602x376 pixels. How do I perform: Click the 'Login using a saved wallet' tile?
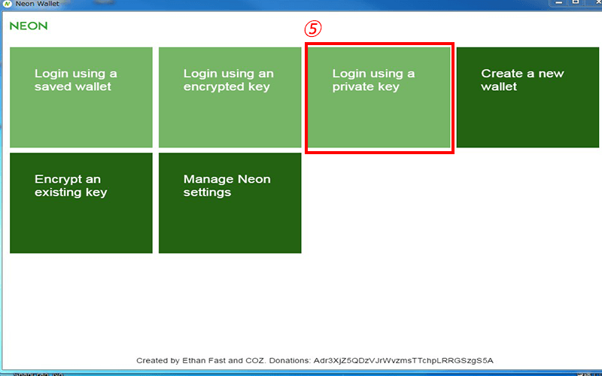tap(81, 97)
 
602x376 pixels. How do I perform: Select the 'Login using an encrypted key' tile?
tap(230, 97)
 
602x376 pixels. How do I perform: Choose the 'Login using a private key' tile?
tap(379, 97)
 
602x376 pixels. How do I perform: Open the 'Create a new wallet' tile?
tap(528, 97)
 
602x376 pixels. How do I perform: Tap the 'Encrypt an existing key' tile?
tap(81, 203)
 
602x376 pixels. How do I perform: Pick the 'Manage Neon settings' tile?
tap(230, 203)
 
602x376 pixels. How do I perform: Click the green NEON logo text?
tap(29, 26)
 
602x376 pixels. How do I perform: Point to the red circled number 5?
tap(313, 29)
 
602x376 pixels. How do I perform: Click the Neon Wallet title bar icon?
tap(8, 4)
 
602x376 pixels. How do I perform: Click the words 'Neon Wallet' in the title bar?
tap(37, 4)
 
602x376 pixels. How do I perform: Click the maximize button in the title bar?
tap(576, 2)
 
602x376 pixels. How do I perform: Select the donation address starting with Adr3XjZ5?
tap(403, 361)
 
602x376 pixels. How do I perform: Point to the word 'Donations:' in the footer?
tap(290, 361)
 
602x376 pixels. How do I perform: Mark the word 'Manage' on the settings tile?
tap(208, 180)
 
